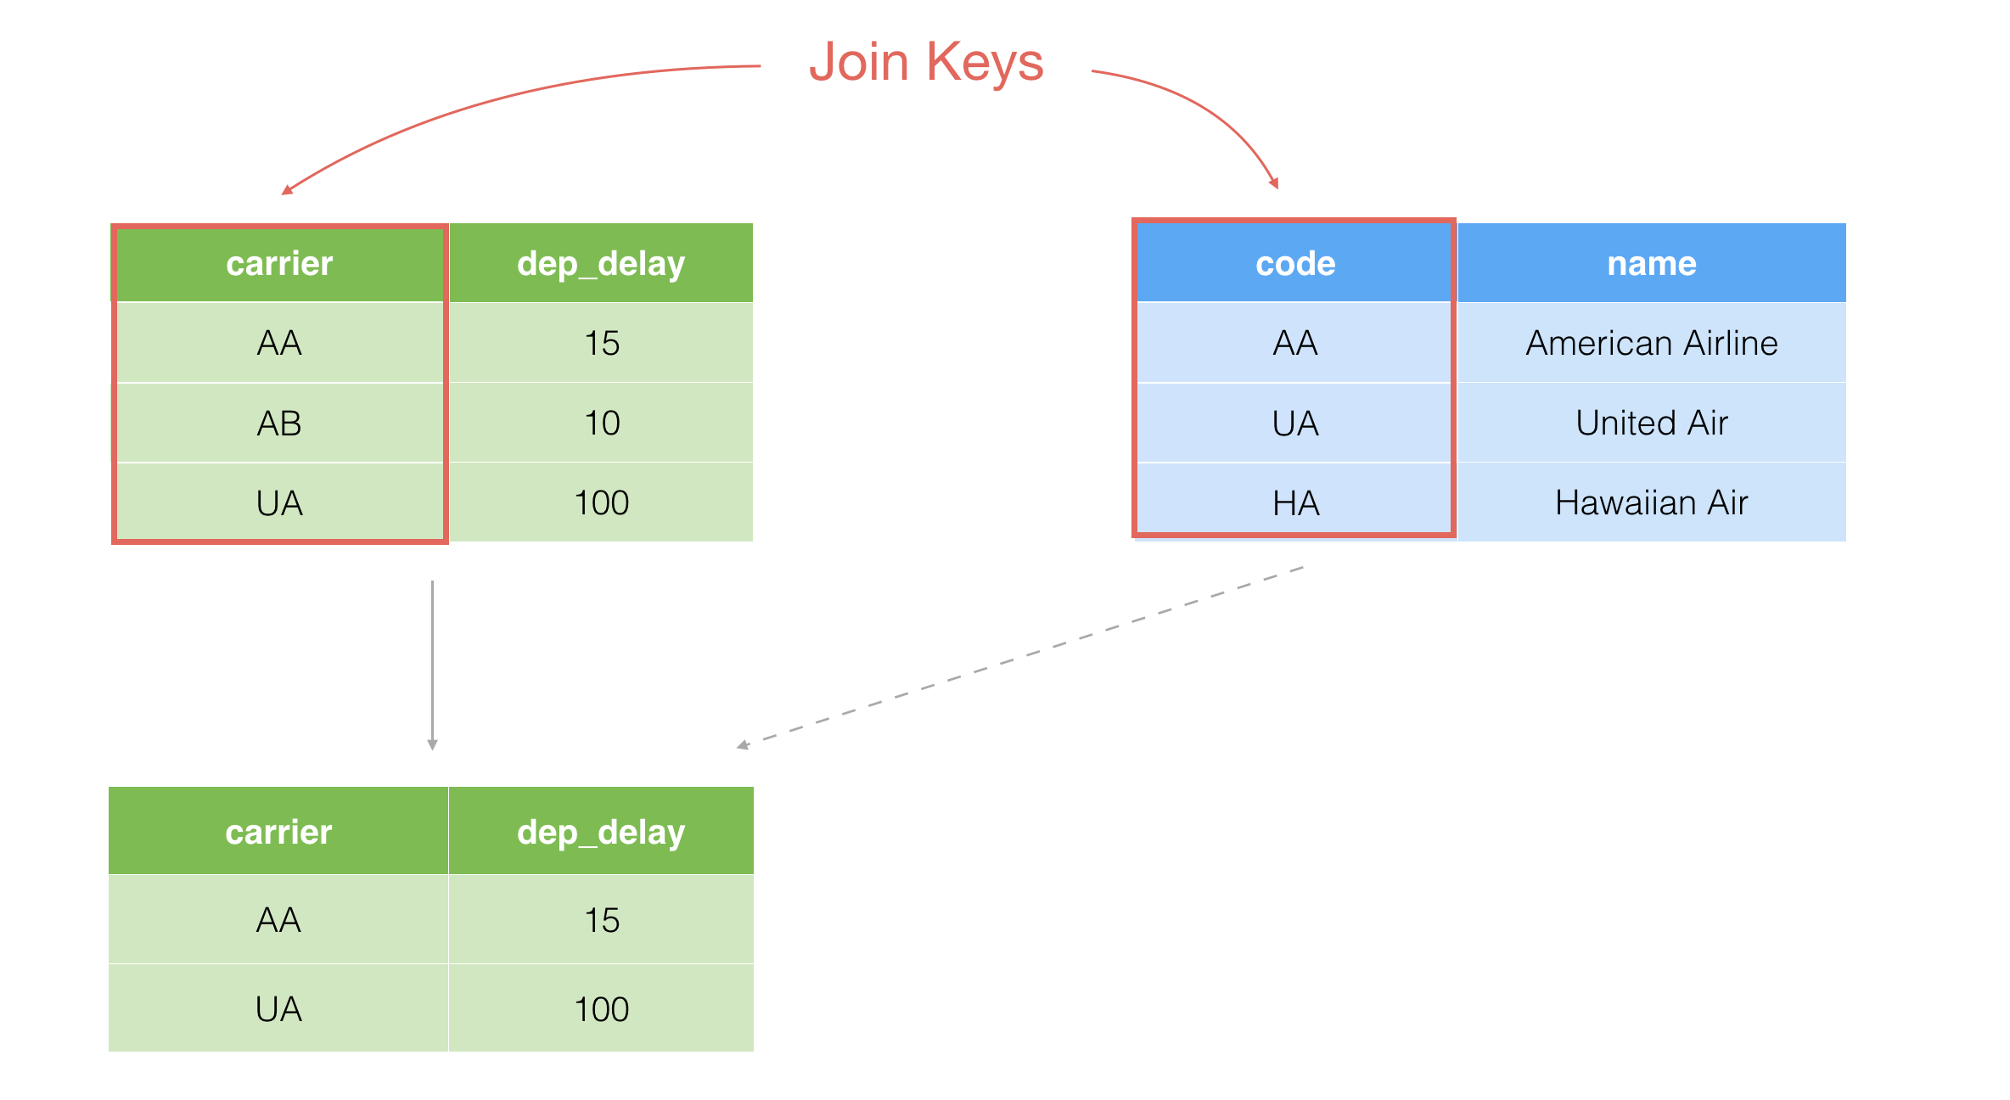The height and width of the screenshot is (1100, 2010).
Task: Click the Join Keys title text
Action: click(926, 62)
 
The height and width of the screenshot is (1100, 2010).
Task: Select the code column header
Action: click(1295, 263)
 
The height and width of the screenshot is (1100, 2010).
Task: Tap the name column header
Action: click(1652, 263)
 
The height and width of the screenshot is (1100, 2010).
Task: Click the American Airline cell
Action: click(1652, 343)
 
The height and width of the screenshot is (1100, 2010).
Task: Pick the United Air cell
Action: click(1652, 423)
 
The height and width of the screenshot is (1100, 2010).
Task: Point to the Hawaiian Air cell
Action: click(1652, 502)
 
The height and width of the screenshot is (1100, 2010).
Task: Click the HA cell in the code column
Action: click(1295, 502)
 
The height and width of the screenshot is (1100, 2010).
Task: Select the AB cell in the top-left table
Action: click(279, 423)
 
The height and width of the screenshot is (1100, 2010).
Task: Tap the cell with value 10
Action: click(602, 423)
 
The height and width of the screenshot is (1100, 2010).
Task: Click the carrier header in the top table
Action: click(279, 263)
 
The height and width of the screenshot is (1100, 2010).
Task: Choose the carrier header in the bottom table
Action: click(278, 832)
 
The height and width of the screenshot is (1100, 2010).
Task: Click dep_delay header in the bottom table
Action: click(601, 832)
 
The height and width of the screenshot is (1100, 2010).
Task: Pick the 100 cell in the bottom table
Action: click(601, 1008)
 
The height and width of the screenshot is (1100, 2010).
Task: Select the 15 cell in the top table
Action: click(602, 343)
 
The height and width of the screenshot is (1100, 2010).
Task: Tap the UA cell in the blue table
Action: click(1295, 423)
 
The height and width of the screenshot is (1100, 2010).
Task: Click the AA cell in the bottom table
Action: click(278, 920)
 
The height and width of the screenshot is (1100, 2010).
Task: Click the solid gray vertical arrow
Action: click(432, 665)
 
